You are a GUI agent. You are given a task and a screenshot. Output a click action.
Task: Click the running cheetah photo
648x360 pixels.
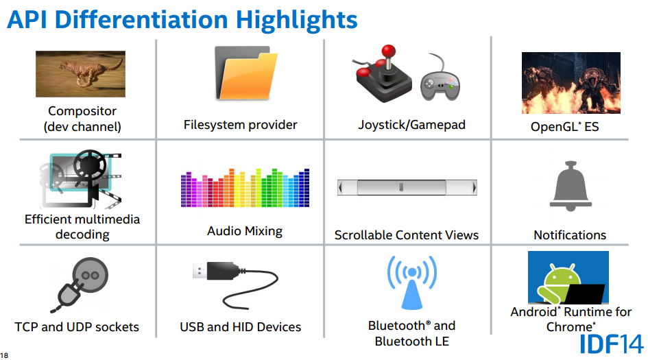click(x=81, y=74)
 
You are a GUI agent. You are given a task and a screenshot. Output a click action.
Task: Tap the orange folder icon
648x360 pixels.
click(x=246, y=73)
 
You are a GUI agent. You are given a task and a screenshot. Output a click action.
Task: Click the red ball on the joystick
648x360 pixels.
click(x=388, y=51)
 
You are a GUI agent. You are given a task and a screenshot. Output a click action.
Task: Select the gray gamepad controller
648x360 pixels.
click(x=440, y=84)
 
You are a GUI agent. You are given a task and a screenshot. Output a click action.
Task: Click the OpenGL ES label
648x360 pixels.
click(x=564, y=126)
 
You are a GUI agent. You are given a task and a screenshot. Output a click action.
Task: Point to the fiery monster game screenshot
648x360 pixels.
click(x=571, y=83)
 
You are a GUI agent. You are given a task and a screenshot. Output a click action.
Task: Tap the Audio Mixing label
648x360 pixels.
click(x=245, y=230)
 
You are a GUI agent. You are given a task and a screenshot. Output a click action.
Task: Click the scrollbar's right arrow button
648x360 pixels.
click(x=474, y=188)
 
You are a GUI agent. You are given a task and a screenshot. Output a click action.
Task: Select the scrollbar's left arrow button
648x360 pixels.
click(x=341, y=188)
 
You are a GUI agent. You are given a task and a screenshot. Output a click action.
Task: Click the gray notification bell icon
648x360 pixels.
click(x=571, y=186)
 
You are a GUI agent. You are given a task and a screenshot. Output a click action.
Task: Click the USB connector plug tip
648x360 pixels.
click(x=200, y=271)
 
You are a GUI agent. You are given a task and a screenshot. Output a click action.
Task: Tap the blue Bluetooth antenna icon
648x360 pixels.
click(x=411, y=283)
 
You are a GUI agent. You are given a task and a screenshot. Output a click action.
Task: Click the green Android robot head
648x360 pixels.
click(x=562, y=274)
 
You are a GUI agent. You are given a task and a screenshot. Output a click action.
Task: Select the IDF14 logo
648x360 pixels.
click(x=612, y=344)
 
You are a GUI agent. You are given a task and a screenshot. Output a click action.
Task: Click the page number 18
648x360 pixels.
click(x=4, y=355)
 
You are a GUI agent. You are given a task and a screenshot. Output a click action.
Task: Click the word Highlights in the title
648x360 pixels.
click(x=296, y=19)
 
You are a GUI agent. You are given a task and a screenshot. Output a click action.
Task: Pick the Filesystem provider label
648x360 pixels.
click(x=241, y=125)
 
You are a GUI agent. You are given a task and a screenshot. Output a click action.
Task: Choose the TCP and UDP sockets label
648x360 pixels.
click(x=77, y=327)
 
